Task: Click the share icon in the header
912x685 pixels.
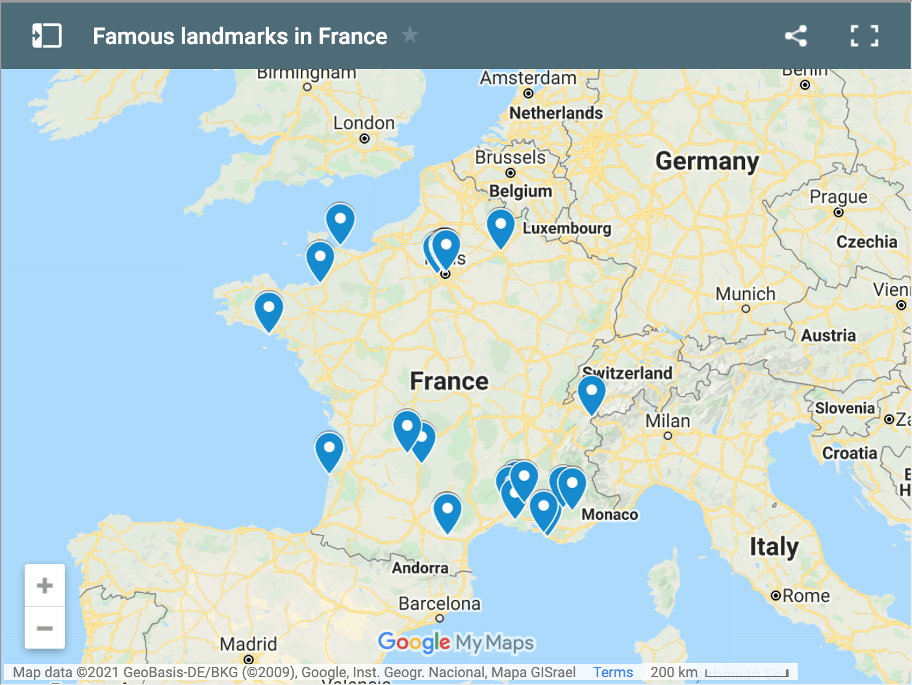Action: coord(796,36)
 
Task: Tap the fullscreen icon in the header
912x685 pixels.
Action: coord(864,36)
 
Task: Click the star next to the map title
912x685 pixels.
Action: coord(410,34)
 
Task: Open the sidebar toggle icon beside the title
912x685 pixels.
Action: coord(47,36)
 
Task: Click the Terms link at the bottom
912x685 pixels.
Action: coord(613,672)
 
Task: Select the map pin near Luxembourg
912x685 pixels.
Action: coord(501,226)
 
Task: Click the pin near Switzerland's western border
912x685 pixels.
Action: coord(592,393)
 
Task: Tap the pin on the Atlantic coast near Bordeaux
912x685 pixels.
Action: coord(329,450)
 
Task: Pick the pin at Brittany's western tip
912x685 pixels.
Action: coord(269,309)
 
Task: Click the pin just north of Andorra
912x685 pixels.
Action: coord(448,510)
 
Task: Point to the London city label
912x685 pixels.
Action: coord(364,123)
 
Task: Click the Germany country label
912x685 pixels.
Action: coord(707,161)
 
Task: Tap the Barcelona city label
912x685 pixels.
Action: coord(439,604)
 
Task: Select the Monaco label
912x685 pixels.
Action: coord(609,515)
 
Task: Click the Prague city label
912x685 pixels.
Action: coord(838,197)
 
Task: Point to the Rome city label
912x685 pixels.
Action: coord(805,596)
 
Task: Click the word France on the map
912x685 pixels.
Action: coord(449,381)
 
